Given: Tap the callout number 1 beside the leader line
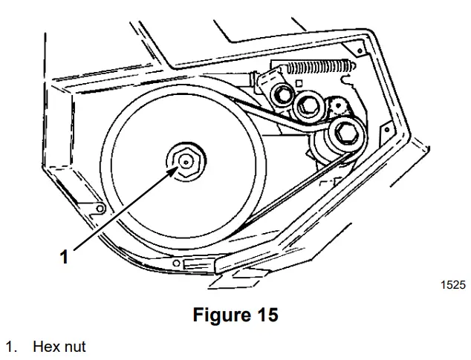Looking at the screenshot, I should click(x=65, y=257).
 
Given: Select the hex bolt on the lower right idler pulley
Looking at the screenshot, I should click(x=345, y=133).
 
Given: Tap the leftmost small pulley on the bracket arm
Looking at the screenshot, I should click(x=283, y=94).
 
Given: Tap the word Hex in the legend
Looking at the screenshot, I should click(x=44, y=347).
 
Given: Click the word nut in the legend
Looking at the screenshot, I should click(x=74, y=347).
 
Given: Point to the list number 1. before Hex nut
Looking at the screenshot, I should click(x=11, y=347).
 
